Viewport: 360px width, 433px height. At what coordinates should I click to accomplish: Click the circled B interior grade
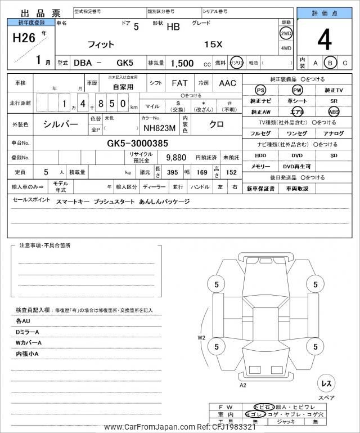tap(331, 63)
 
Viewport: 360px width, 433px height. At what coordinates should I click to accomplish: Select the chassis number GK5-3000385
tap(138, 143)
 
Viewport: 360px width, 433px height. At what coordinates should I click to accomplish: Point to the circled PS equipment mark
tap(260, 91)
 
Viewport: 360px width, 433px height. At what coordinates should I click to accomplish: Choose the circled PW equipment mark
tap(296, 91)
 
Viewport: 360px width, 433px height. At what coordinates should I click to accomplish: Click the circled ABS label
tap(334, 111)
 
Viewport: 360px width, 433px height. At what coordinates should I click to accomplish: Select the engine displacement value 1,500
tap(183, 64)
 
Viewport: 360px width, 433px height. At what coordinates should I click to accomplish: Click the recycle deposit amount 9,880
tap(176, 158)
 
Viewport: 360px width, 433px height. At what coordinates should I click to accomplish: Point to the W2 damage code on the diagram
tap(201, 338)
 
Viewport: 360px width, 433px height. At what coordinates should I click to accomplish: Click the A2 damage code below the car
tap(243, 385)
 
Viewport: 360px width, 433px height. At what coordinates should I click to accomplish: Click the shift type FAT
tap(179, 83)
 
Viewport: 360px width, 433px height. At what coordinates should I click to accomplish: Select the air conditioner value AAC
tap(228, 83)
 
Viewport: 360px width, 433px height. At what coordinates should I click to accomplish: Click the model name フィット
tap(101, 44)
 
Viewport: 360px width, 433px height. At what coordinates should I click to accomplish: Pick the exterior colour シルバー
tap(61, 124)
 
